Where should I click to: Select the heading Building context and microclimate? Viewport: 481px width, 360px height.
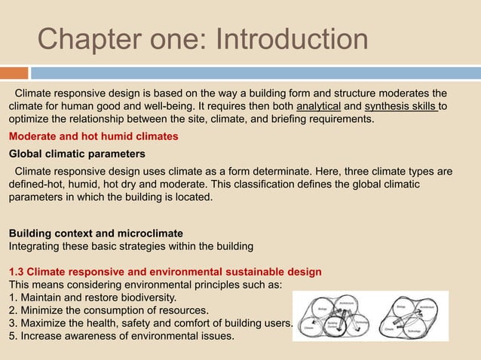(x=96, y=233)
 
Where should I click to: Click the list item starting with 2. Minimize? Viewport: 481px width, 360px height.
(x=109, y=310)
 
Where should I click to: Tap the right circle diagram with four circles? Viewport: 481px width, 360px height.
(x=410, y=317)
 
